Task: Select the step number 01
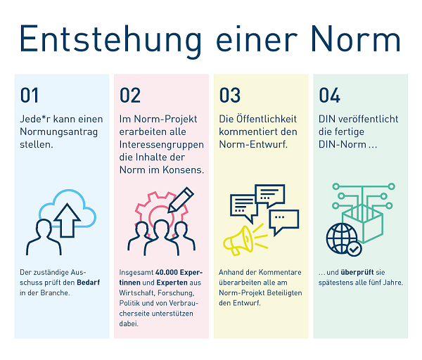pos(30,96)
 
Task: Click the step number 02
pos(130,96)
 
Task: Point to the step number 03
pos(230,96)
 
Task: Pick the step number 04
pos(330,96)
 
